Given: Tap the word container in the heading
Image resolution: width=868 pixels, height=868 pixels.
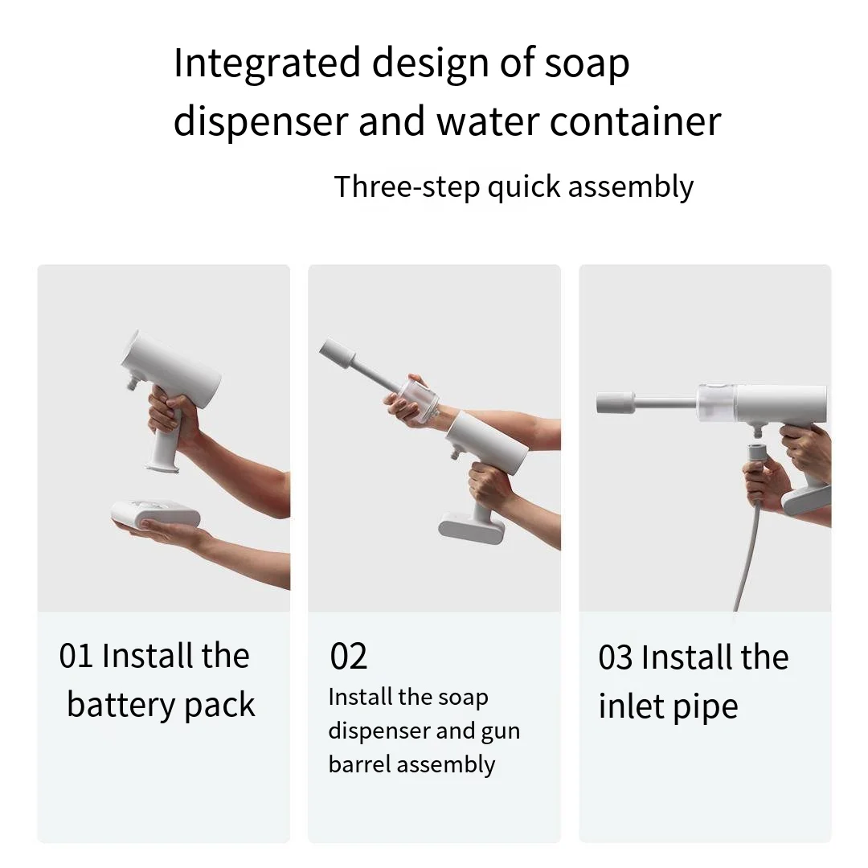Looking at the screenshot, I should pos(634,122).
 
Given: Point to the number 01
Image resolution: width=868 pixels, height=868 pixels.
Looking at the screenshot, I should pos(76,657).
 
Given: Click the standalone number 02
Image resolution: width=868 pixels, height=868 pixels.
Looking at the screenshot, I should pos(348,657).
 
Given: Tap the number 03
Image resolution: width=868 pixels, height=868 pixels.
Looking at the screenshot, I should pos(615,658).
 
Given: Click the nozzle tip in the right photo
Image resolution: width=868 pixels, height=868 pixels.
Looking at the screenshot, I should pos(616,401).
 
